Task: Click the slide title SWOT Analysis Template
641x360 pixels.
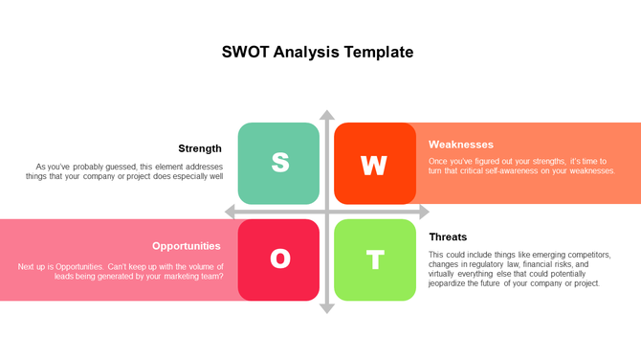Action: pyautogui.click(x=318, y=52)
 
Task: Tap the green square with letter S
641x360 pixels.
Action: pyautogui.click(x=278, y=163)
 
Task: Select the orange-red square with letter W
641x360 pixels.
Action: pyautogui.click(x=374, y=164)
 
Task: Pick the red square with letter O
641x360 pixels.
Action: pyautogui.click(x=278, y=259)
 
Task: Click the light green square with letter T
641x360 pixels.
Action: pyautogui.click(x=375, y=259)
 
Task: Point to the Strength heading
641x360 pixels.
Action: pyautogui.click(x=200, y=148)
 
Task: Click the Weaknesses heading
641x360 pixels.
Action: pyautogui.click(x=461, y=145)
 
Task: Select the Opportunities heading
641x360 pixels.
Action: pyautogui.click(x=187, y=246)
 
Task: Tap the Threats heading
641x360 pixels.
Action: pyautogui.click(x=448, y=236)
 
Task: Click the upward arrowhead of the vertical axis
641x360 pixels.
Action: pyautogui.click(x=327, y=116)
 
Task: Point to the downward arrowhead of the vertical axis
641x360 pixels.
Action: pyautogui.click(x=327, y=307)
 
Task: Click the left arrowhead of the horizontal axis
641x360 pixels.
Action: pyautogui.click(x=230, y=212)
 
